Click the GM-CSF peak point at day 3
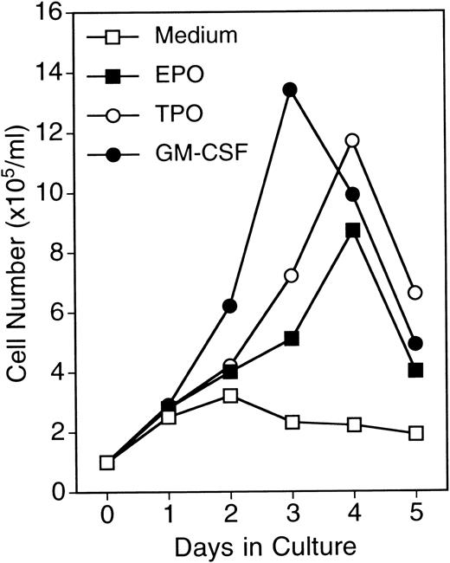(291, 89)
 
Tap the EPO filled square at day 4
(353, 230)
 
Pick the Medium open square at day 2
(229, 396)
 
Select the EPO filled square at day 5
(415, 370)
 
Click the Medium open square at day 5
(415, 433)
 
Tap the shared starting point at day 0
(106, 463)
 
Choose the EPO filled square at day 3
(292, 338)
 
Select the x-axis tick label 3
(292, 516)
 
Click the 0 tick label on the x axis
(106, 516)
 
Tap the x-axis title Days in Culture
(260, 548)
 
